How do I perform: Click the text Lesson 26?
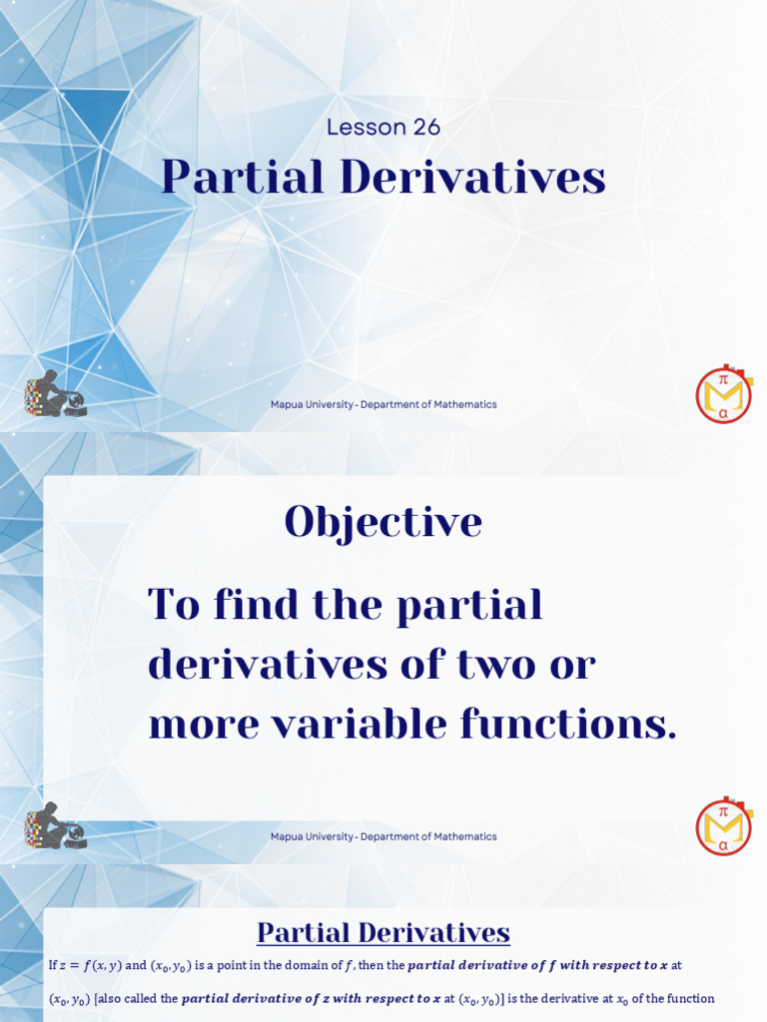pyautogui.click(x=383, y=127)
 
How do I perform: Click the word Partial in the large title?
pyautogui.click(x=243, y=178)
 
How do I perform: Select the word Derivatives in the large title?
pyautogui.click(x=472, y=178)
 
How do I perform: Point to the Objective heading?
pyautogui.click(x=383, y=522)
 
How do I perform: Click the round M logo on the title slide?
pyautogui.click(x=723, y=395)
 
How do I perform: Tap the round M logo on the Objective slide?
pyautogui.click(x=723, y=827)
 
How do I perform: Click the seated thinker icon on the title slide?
pyautogui.click(x=55, y=395)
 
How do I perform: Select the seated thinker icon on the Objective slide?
pyautogui.click(x=55, y=827)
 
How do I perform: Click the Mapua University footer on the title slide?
pyautogui.click(x=383, y=404)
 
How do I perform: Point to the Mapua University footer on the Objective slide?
pyautogui.click(x=383, y=836)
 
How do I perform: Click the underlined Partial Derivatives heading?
pyautogui.click(x=383, y=933)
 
